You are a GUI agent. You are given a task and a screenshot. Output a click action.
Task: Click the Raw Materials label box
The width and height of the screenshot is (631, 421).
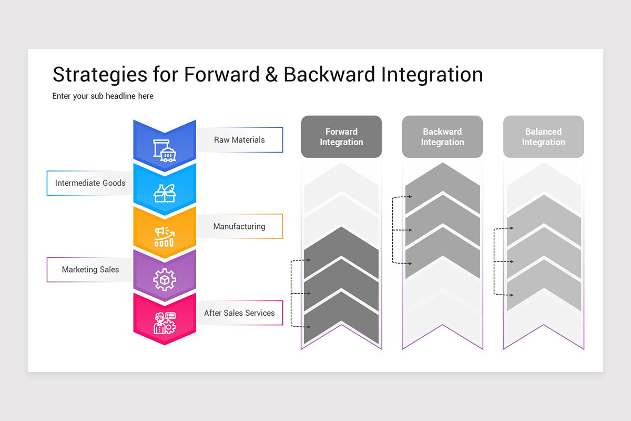(239, 140)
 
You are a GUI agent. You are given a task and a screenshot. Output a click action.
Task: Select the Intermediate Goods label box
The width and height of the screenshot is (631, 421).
(89, 183)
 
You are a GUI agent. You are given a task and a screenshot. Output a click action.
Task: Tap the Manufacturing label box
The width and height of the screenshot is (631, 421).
(239, 226)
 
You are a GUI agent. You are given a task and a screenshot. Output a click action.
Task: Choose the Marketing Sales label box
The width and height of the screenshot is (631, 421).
(90, 269)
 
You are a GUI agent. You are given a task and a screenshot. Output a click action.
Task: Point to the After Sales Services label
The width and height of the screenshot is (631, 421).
(239, 313)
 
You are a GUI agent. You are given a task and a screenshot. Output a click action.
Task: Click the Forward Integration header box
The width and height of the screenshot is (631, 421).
(341, 137)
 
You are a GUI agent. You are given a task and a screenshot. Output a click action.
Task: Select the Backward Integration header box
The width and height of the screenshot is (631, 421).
(442, 137)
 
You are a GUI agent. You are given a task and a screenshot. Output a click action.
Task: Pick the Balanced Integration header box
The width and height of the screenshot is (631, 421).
(543, 137)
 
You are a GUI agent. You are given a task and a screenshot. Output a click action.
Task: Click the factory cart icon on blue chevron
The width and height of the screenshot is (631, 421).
(165, 149)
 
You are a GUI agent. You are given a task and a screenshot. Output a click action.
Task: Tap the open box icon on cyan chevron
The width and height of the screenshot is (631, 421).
(165, 193)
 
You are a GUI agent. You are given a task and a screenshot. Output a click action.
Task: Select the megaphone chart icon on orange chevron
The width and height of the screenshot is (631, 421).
(165, 236)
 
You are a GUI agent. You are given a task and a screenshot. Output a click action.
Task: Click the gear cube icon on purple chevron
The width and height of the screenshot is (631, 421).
(165, 279)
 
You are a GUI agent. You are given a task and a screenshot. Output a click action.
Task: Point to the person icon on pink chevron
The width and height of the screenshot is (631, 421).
(165, 323)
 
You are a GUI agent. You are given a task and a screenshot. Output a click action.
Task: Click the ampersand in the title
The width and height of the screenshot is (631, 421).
(271, 75)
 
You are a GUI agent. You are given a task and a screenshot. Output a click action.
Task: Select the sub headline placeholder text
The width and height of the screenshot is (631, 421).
(103, 96)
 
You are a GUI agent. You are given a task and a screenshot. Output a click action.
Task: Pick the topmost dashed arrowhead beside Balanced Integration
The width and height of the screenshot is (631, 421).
(512, 228)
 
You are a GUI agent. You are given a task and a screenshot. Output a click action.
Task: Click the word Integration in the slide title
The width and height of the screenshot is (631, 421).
(432, 75)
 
